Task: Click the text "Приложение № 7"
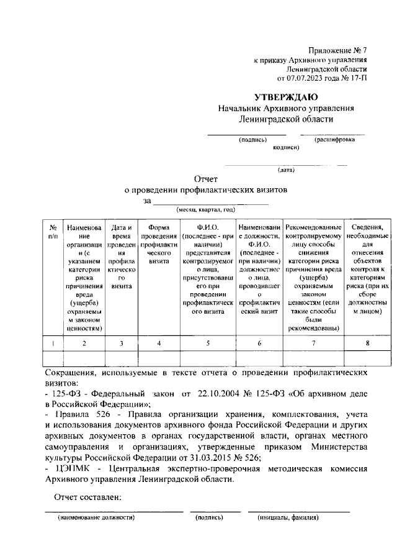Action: point(337,49)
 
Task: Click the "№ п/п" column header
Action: point(53,232)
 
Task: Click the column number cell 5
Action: point(208,343)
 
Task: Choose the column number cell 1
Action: point(53,343)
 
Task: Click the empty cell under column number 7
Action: point(313,359)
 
